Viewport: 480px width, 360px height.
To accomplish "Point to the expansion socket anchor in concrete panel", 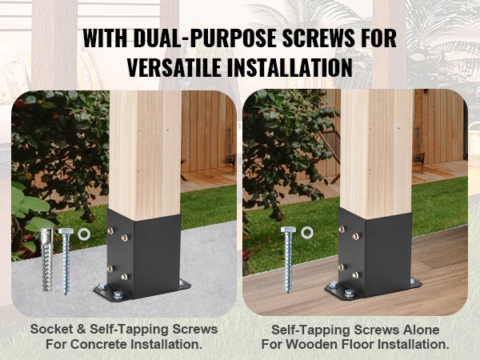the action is (47, 260).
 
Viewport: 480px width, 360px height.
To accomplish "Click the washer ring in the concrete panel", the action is (84, 234).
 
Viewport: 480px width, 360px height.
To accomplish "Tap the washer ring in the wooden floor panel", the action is (307, 233).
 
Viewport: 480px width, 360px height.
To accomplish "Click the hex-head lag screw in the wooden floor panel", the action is (288, 260).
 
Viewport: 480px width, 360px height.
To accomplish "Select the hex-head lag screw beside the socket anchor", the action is (65, 262).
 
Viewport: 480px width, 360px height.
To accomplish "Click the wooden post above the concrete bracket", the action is (146, 154).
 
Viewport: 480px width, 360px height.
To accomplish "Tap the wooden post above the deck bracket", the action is (377, 154).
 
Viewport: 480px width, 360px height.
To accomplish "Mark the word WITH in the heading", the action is (105, 38).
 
